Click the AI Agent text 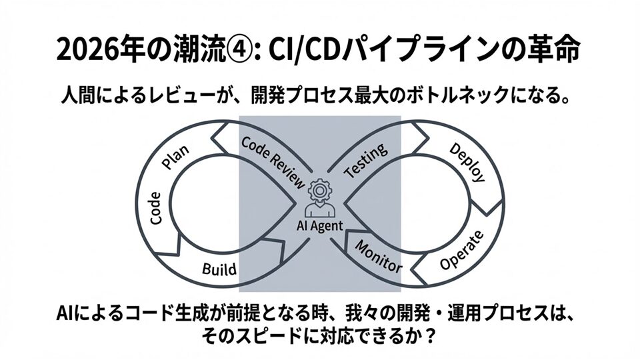pyautogui.click(x=320, y=225)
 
